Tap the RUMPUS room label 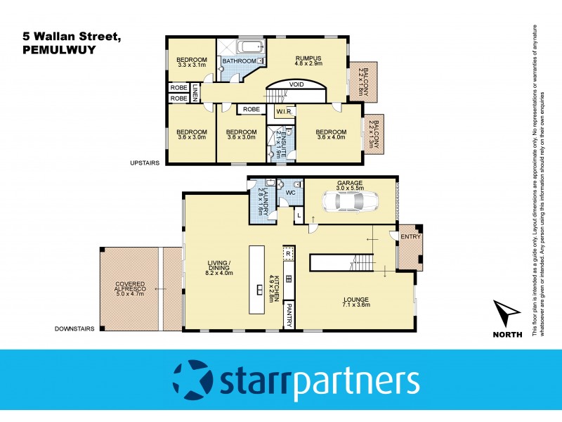308,58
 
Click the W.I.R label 284,111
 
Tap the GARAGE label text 348,181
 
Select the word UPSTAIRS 145,162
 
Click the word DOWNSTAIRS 77,328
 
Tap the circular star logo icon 192,380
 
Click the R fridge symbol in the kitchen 287,252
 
